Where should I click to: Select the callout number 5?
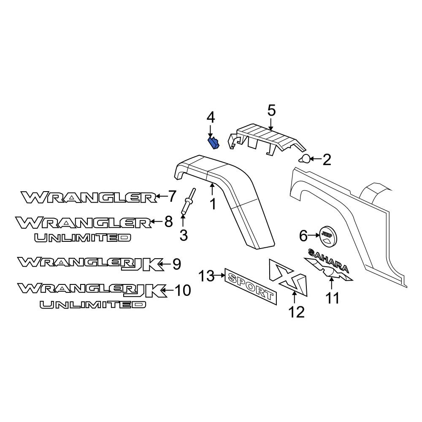coord(271,111)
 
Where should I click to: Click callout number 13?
coord(207,276)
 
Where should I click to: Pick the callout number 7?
coord(172,196)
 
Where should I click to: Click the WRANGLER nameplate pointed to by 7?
coord(89,197)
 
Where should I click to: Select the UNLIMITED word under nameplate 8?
coord(83,238)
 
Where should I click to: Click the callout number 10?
coord(182,290)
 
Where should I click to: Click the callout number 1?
coord(213,204)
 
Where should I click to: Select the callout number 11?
coord(332,298)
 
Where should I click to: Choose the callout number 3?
coord(183,235)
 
